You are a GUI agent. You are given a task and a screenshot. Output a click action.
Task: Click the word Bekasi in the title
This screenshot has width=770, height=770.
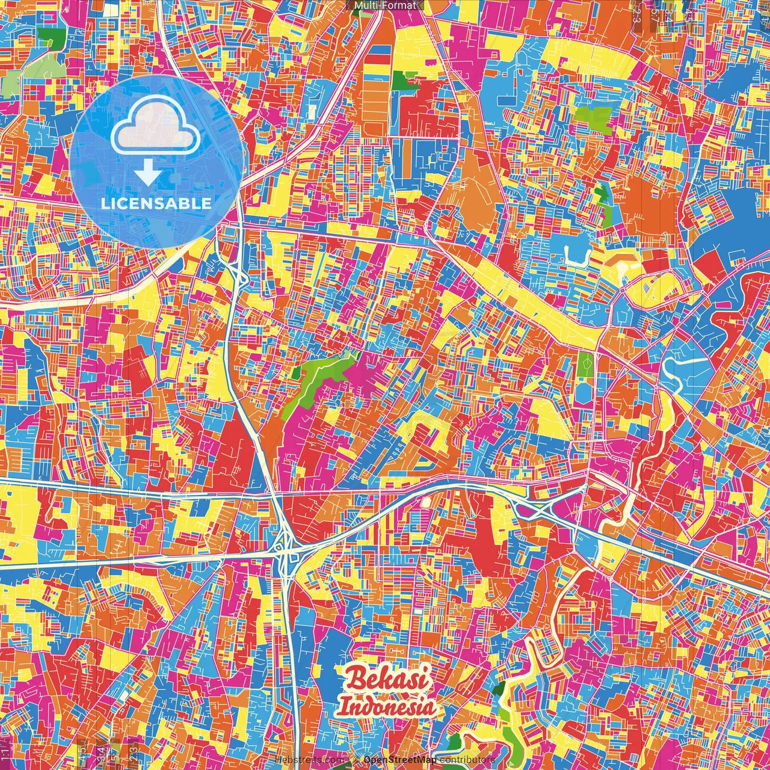pyautogui.click(x=387, y=679)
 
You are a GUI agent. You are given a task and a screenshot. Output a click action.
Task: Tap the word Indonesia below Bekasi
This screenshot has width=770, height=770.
pyautogui.click(x=387, y=705)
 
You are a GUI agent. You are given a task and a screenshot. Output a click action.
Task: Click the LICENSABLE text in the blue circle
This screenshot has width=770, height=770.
pyautogui.click(x=156, y=203)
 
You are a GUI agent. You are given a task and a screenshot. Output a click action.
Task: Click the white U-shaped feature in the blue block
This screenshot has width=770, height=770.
pyautogui.click(x=574, y=256)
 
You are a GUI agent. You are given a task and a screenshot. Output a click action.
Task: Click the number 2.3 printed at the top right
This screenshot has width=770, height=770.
pyautogui.click(x=636, y=12)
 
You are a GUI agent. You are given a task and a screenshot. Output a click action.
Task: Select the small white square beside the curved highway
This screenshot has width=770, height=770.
pyautogui.click(x=426, y=501)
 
